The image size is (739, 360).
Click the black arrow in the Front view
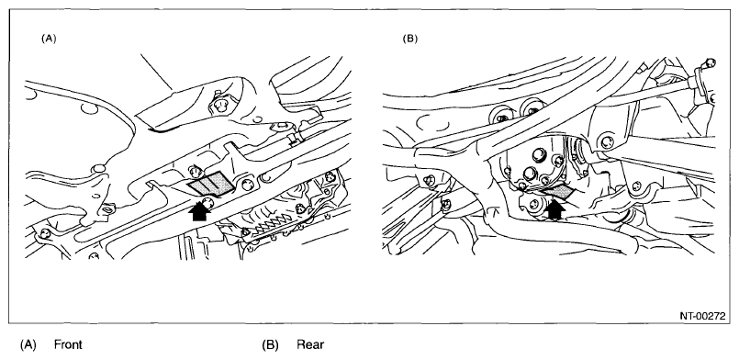[199, 211]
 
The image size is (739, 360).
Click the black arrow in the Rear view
[555, 209]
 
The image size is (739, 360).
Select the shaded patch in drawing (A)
[211, 184]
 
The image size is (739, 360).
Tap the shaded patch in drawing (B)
[559, 191]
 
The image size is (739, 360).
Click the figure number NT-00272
[702, 316]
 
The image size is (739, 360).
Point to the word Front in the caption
[68, 344]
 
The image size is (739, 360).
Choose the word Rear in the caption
[310, 344]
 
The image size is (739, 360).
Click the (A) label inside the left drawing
[49, 39]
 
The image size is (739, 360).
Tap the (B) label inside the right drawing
[409, 39]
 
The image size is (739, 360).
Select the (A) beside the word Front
[28, 344]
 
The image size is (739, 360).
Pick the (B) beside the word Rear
[270, 344]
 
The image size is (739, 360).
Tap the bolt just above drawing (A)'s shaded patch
[193, 171]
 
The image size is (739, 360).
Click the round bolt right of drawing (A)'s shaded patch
[247, 185]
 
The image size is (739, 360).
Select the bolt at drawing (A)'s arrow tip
[207, 203]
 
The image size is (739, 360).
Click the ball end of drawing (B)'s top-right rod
[710, 62]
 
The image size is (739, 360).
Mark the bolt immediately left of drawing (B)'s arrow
[534, 205]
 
